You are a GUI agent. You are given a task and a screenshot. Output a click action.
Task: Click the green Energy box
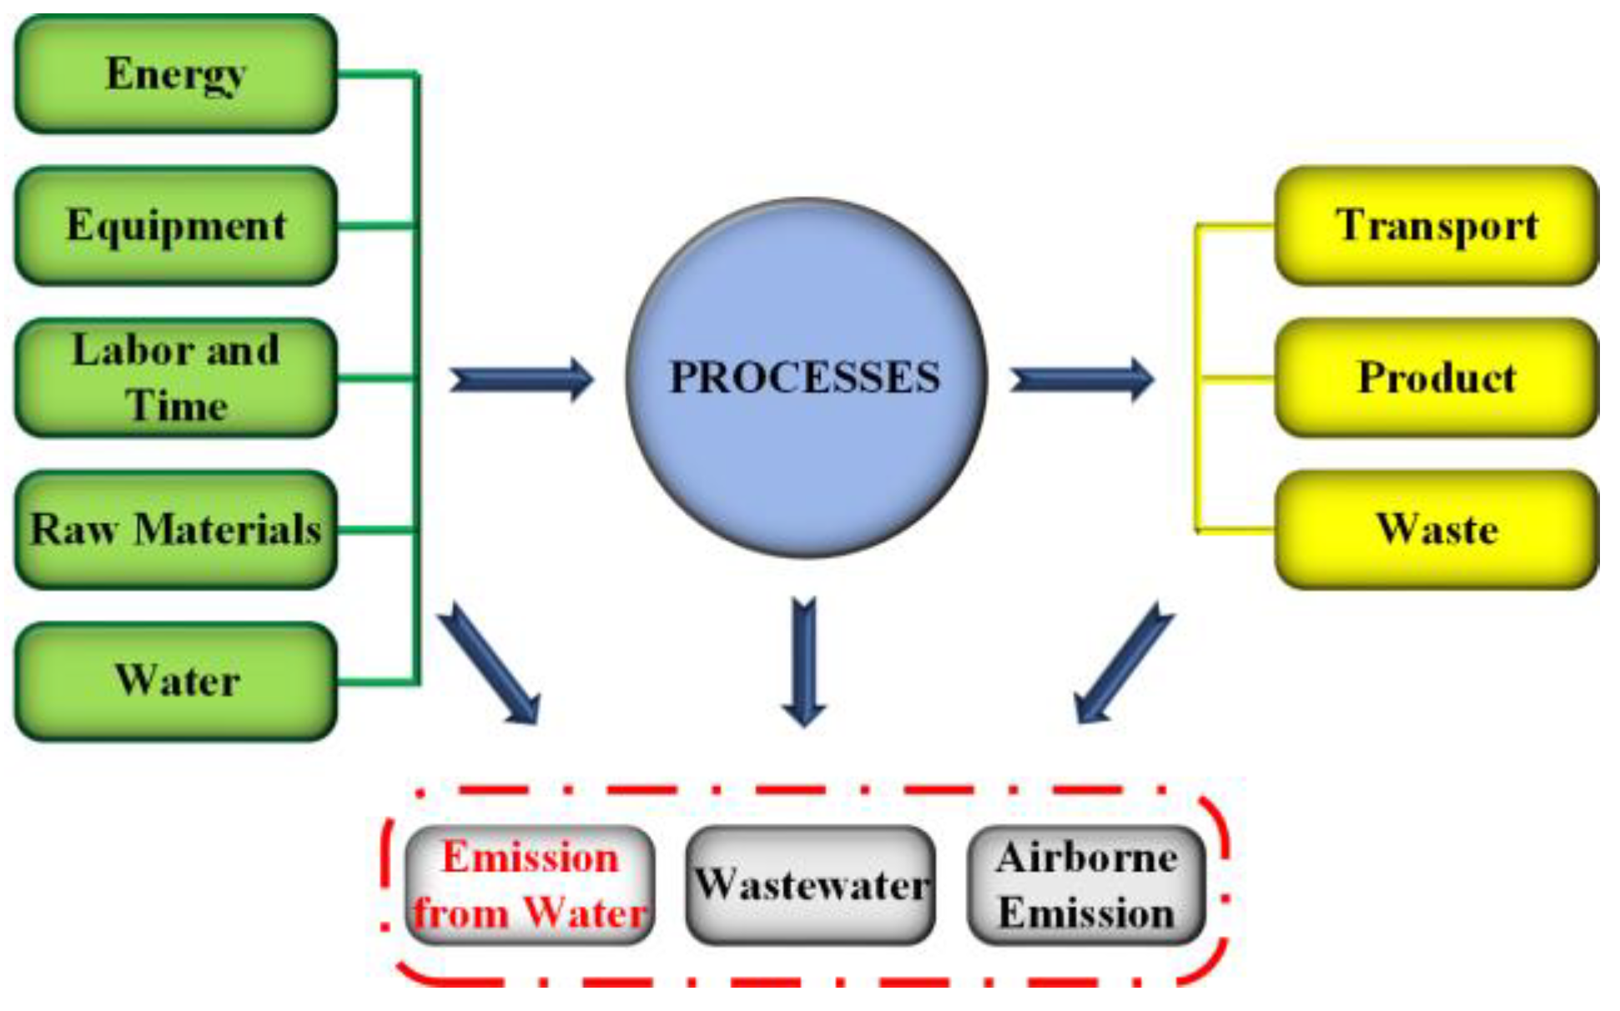click(176, 74)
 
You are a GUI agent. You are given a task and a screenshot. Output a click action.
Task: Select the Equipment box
click(176, 226)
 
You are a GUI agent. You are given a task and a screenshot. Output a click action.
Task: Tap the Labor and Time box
click(176, 378)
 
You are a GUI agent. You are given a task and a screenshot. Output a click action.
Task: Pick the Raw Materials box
click(176, 530)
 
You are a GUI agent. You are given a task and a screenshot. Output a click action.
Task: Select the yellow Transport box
click(1436, 226)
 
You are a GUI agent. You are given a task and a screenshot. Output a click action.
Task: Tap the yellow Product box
click(1436, 378)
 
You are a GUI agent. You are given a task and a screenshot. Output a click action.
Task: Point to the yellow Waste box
click(1436, 530)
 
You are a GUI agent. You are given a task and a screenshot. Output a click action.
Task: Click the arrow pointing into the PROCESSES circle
click(521, 380)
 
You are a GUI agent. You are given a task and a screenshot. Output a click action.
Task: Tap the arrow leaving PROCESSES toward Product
click(1082, 380)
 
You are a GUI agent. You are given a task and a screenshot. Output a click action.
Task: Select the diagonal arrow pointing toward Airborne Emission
click(1123, 663)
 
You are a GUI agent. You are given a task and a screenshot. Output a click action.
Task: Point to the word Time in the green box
click(177, 406)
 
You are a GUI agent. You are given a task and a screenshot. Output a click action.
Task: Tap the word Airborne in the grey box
click(1086, 858)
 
